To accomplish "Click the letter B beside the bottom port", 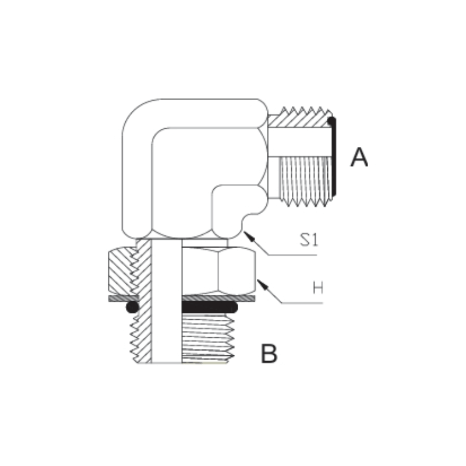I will point(269,353).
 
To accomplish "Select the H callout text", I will point(318,288).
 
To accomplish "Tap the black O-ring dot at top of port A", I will point(331,121).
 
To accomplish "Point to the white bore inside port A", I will point(300,142).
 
